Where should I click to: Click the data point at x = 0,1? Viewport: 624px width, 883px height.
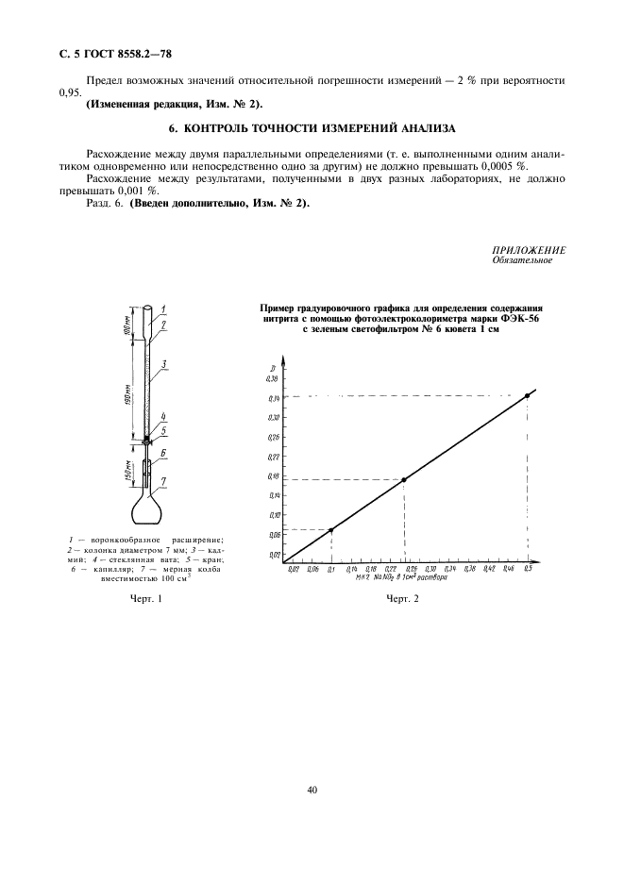point(331,529)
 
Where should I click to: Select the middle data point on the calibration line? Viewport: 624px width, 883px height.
point(404,479)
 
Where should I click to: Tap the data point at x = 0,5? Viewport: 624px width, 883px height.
point(527,394)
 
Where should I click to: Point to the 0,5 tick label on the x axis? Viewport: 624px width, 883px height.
point(527,570)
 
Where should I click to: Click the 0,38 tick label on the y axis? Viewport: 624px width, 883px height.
point(273,377)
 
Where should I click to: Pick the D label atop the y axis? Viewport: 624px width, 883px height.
point(272,364)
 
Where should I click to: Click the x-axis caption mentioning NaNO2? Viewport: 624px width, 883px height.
point(401,577)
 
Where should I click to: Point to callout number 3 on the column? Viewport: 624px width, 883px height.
point(164,363)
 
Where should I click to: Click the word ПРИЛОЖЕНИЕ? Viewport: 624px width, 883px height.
point(529,250)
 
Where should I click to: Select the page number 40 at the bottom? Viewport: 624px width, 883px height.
point(312,790)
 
